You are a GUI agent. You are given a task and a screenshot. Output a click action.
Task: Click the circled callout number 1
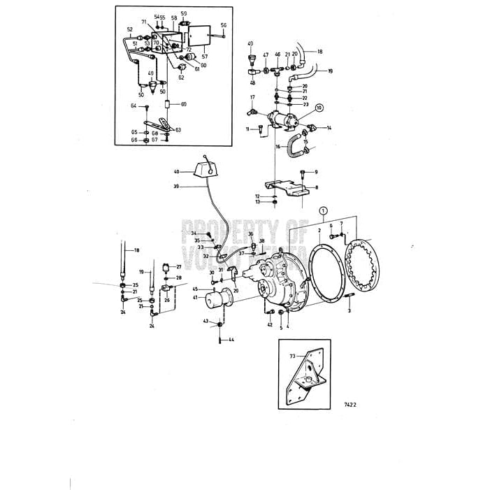tap(323, 209)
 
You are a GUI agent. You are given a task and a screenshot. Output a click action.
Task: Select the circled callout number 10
tap(319, 108)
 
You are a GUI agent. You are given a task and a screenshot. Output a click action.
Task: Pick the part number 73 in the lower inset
tap(293, 356)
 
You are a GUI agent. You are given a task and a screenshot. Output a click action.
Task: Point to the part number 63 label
tap(178, 130)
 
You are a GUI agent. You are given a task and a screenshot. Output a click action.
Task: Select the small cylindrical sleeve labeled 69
tap(168, 105)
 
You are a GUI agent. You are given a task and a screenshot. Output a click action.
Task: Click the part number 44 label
tap(231, 340)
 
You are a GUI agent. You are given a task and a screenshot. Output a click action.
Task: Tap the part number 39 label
tap(176, 187)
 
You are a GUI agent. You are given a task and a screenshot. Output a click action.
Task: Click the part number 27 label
tap(178, 267)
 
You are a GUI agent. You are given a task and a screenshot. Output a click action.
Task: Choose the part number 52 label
tap(130, 29)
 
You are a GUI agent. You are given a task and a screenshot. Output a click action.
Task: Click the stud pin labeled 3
tap(347, 301)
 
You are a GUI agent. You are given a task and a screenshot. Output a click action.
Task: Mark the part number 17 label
tap(253, 97)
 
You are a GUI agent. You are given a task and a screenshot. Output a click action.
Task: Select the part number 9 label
tap(315, 172)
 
